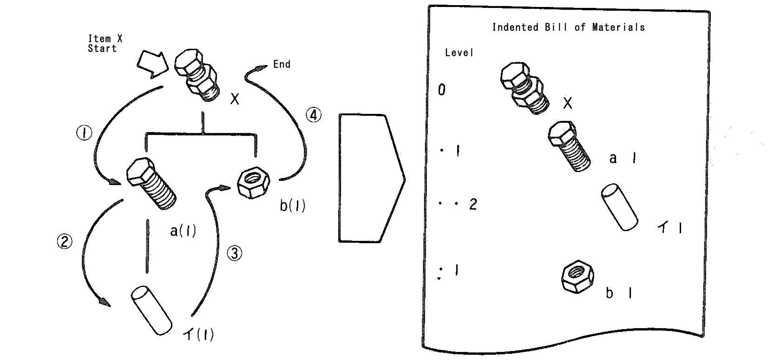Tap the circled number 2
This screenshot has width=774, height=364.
[x=65, y=241]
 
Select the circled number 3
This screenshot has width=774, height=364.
[x=235, y=253]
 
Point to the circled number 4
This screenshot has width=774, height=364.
[x=314, y=115]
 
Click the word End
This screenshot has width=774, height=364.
[x=282, y=64]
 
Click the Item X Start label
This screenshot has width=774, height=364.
[x=105, y=44]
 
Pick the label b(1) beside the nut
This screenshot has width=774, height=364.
[x=293, y=205]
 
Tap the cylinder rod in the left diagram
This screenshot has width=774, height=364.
[x=151, y=311]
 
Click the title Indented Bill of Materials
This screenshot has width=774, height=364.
[x=568, y=27]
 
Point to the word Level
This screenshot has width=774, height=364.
[x=459, y=53]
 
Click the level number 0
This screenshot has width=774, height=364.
[x=441, y=90]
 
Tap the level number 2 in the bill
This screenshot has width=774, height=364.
[x=473, y=204]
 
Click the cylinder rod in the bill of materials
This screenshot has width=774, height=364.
[x=619, y=207]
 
